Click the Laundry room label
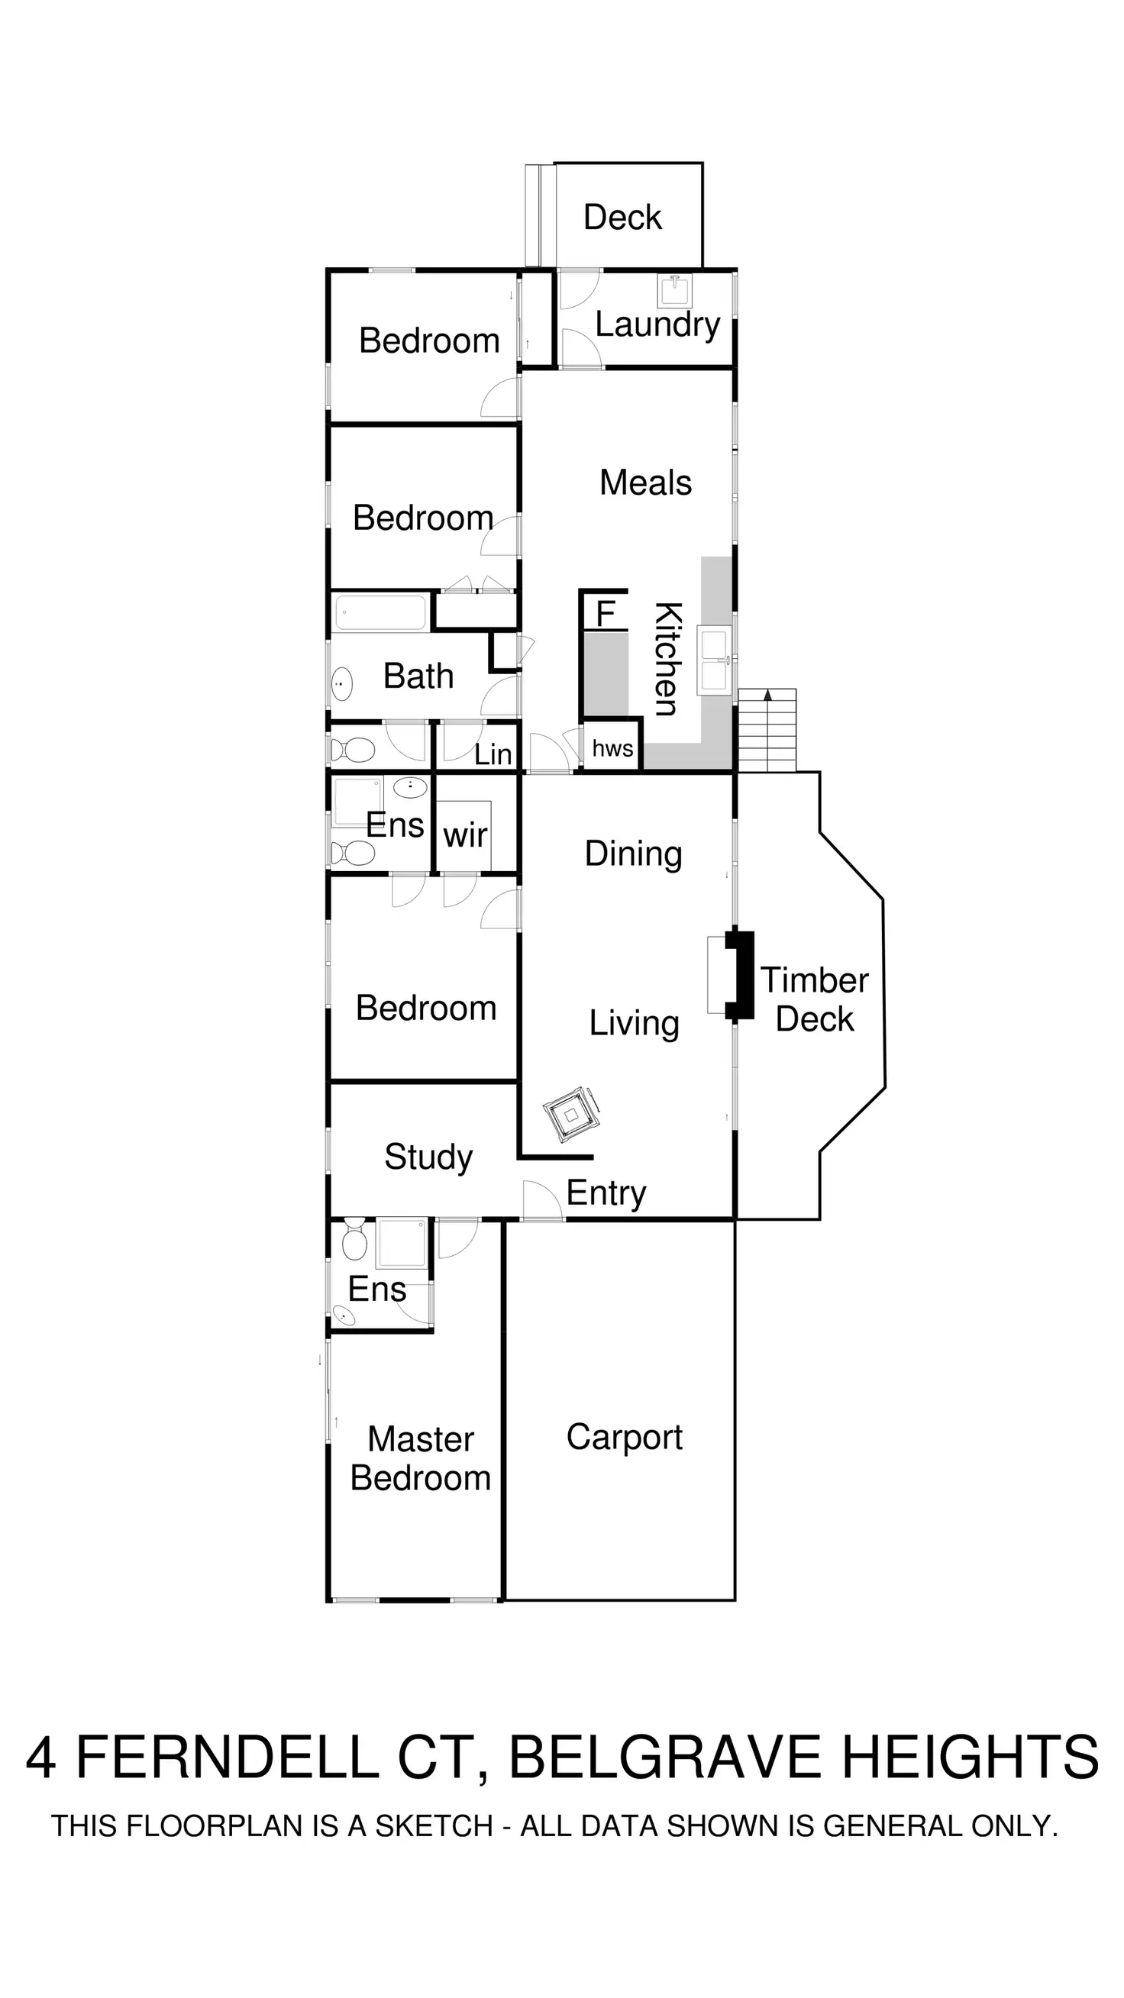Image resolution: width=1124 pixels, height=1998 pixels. (x=657, y=325)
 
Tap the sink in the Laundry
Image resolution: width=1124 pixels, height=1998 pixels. (x=673, y=291)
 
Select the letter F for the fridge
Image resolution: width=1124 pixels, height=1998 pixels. (x=605, y=615)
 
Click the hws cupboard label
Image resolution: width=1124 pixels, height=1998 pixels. (x=612, y=748)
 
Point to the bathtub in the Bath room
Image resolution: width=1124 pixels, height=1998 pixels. (x=380, y=612)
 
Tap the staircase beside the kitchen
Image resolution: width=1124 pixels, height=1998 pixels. (x=767, y=730)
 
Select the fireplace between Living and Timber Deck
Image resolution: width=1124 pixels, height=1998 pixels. (x=739, y=975)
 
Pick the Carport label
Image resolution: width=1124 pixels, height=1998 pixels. (x=624, y=1437)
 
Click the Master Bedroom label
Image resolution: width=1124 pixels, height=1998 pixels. (x=421, y=1458)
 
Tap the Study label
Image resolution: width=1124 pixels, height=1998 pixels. (x=428, y=1157)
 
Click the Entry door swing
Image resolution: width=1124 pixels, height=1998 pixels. (x=541, y=1200)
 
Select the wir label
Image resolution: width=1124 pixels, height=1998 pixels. (x=465, y=835)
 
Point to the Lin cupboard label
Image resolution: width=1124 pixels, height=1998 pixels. (x=493, y=754)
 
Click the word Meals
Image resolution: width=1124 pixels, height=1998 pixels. (x=645, y=483)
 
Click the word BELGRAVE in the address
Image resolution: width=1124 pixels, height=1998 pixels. (x=664, y=1757)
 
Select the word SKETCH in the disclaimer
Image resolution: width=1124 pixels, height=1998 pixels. (x=434, y=1825)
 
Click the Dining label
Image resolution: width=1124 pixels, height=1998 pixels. (x=633, y=854)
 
